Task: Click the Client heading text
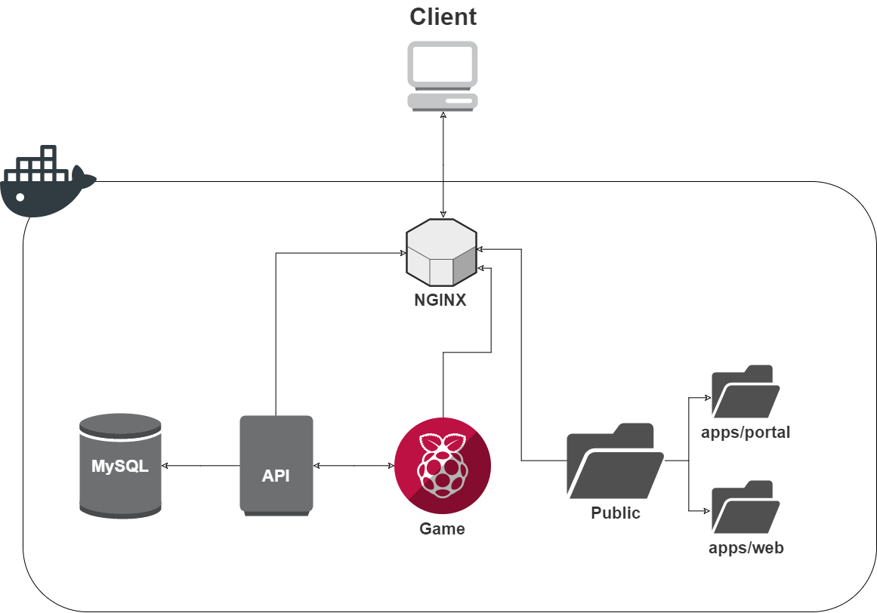(x=443, y=17)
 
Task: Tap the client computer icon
(x=443, y=76)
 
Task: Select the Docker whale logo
(x=48, y=182)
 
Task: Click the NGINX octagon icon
(x=441, y=252)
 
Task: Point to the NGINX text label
(x=440, y=300)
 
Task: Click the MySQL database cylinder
(x=120, y=466)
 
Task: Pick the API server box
(x=276, y=466)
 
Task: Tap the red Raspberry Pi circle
(x=443, y=466)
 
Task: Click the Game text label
(x=442, y=528)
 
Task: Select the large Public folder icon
(x=615, y=461)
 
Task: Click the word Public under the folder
(x=615, y=513)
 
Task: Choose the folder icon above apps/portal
(x=745, y=392)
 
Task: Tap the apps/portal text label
(x=746, y=433)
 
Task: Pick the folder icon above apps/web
(x=745, y=507)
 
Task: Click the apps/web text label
(x=746, y=547)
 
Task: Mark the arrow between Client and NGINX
(x=443, y=165)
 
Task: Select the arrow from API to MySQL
(x=201, y=466)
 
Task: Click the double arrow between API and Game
(x=354, y=466)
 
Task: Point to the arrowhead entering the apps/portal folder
(x=708, y=398)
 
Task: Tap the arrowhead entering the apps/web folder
(x=708, y=511)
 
